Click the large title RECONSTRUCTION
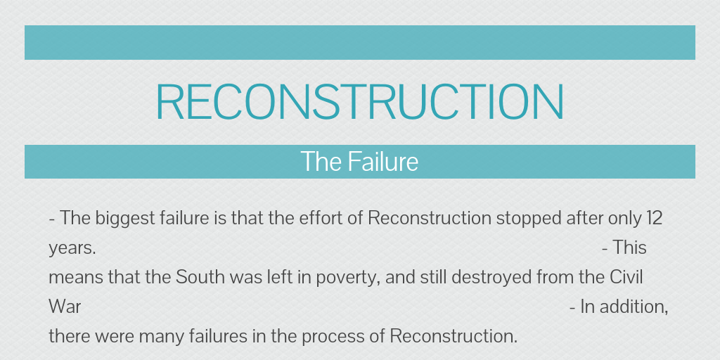(x=359, y=102)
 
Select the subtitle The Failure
(x=359, y=162)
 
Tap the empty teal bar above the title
(x=359, y=42)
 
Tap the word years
(x=72, y=249)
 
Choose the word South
(x=198, y=278)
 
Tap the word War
(x=65, y=307)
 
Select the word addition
(x=632, y=307)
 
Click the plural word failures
(x=220, y=337)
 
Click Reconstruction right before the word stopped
(x=430, y=218)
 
